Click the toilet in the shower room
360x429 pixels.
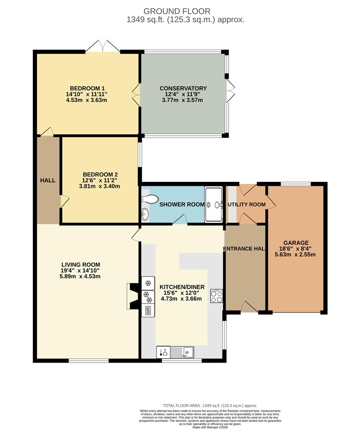[x=150, y=199]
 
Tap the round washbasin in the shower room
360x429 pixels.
[x=145, y=214]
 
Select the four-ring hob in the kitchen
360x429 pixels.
[x=216, y=296]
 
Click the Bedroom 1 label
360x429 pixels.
[x=87, y=88]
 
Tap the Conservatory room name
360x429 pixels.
[x=183, y=88]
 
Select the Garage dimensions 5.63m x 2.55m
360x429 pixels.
[x=295, y=255]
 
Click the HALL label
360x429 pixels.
[x=48, y=180]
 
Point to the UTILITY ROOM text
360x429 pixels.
[x=246, y=205]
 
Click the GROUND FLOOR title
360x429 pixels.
[x=177, y=11]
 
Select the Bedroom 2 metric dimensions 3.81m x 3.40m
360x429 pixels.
[x=100, y=186]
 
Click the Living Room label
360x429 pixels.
[x=81, y=265]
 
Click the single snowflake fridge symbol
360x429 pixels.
[x=148, y=283]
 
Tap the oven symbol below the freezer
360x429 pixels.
[x=148, y=311]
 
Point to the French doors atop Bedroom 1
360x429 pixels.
[x=102, y=46]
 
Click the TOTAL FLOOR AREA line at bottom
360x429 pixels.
[x=210, y=406]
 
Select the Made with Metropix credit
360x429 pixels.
[x=210, y=427]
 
